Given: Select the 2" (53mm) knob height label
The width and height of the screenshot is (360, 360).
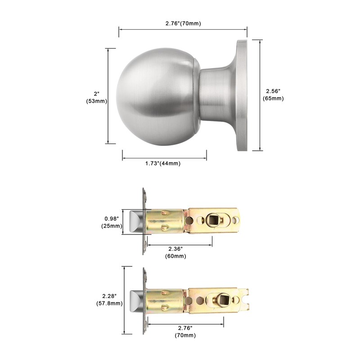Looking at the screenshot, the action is pyautogui.click(x=96, y=97).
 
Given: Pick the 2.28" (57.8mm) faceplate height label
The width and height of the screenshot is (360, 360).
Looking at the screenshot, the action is pyautogui.click(x=109, y=300).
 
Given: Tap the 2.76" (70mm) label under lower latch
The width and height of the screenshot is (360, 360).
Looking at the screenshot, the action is pyautogui.click(x=185, y=332).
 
